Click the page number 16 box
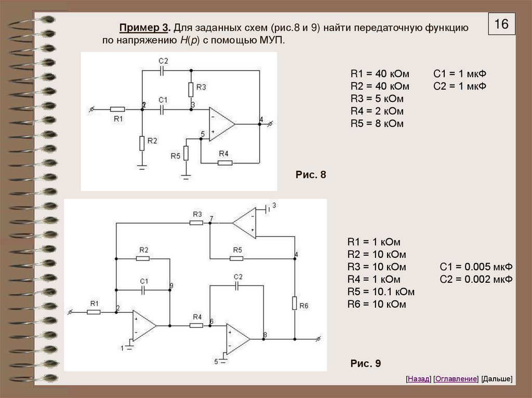click(501, 24)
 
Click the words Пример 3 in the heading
click(145, 28)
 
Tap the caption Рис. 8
click(311, 174)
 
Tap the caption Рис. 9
click(366, 364)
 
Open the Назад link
click(419, 379)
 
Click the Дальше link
click(497, 379)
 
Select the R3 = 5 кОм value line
click(377, 99)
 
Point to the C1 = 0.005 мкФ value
click(476, 267)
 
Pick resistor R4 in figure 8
click(224, 162)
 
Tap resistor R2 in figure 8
click(142, 143)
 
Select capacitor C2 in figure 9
click(238, 285)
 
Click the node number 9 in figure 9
click(172, 286)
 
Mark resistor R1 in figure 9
click(94, 312)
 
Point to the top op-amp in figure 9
click(244, 223)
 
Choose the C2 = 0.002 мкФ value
click(476, 280)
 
